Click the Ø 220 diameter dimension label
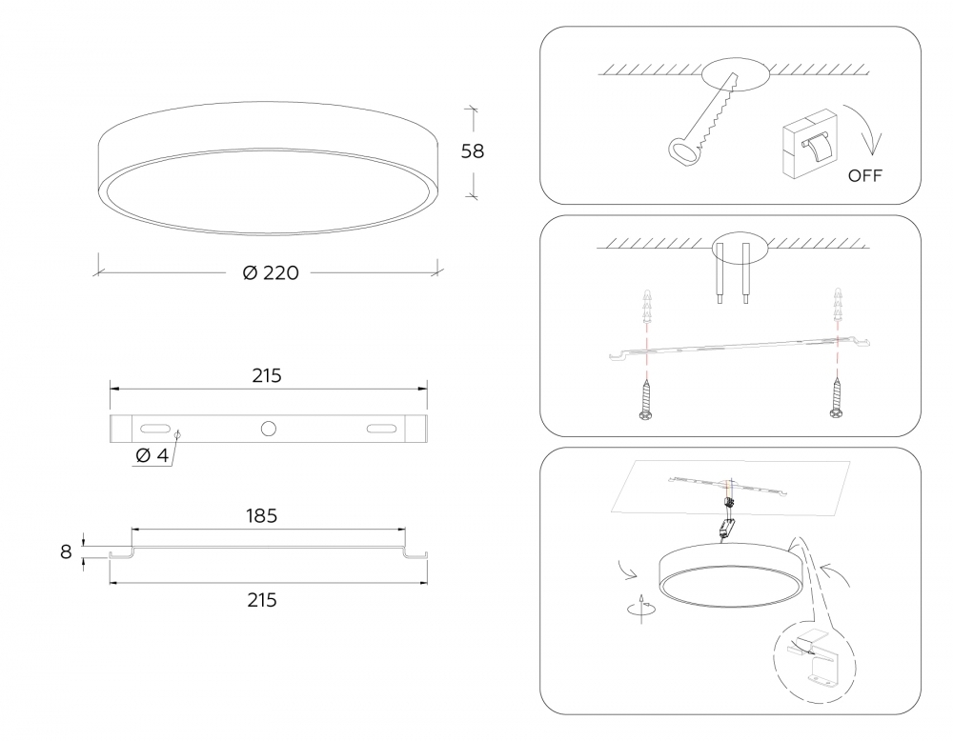[271, 272]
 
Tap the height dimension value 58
[473, 150]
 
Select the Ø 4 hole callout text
[152, 455]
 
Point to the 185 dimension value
[261, 515]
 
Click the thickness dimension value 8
[66, 551]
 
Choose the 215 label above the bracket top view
[267, 376]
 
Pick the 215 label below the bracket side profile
[262, 600]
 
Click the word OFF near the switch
[864, 175]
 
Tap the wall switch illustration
[809, 144]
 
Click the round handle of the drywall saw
[683, 151]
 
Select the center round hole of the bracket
[268, 429]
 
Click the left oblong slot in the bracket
[155, 429]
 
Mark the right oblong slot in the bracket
[381, 429]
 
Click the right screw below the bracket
[837, 399]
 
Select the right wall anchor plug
[838, 305]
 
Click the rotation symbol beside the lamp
[640, 607]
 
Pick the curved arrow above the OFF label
[863, 129]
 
